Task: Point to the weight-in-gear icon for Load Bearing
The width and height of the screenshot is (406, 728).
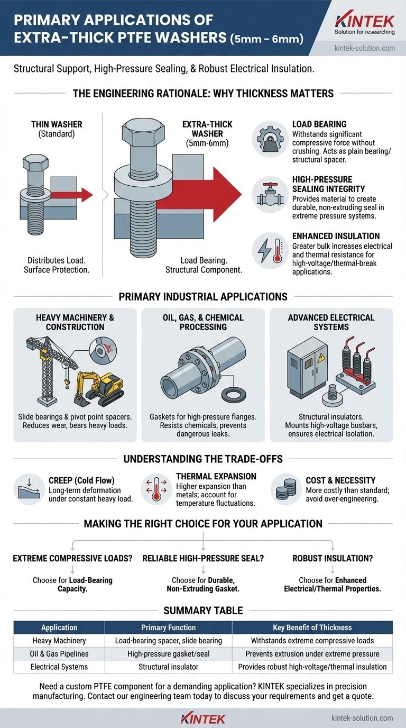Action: [270, 139]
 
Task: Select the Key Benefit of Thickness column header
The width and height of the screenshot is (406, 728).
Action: [312, 627]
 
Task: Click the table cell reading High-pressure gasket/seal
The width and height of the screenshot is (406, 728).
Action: [169, 653]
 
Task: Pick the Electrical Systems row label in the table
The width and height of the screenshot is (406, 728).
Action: [59, 667]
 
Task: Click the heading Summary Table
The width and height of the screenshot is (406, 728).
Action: [203, 611]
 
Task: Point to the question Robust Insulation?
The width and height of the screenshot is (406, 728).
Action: [333, 559]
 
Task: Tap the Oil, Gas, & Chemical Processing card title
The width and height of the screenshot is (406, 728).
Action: [203, 322]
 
